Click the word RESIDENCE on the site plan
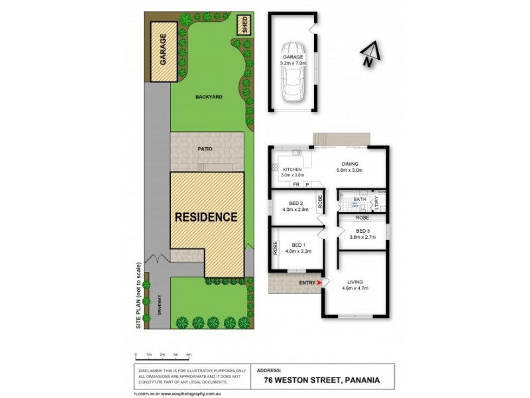tap(206, 217)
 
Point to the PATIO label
tap(205, 149)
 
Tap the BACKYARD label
tap(209, 97)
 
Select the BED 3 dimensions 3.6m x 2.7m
tap(362, 236)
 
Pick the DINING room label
tap(350, 164)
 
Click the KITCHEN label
tap(292, 170)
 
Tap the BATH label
tap(359, 199)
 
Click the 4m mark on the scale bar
tap(189, 355)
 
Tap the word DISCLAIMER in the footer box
tap(152, 370)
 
